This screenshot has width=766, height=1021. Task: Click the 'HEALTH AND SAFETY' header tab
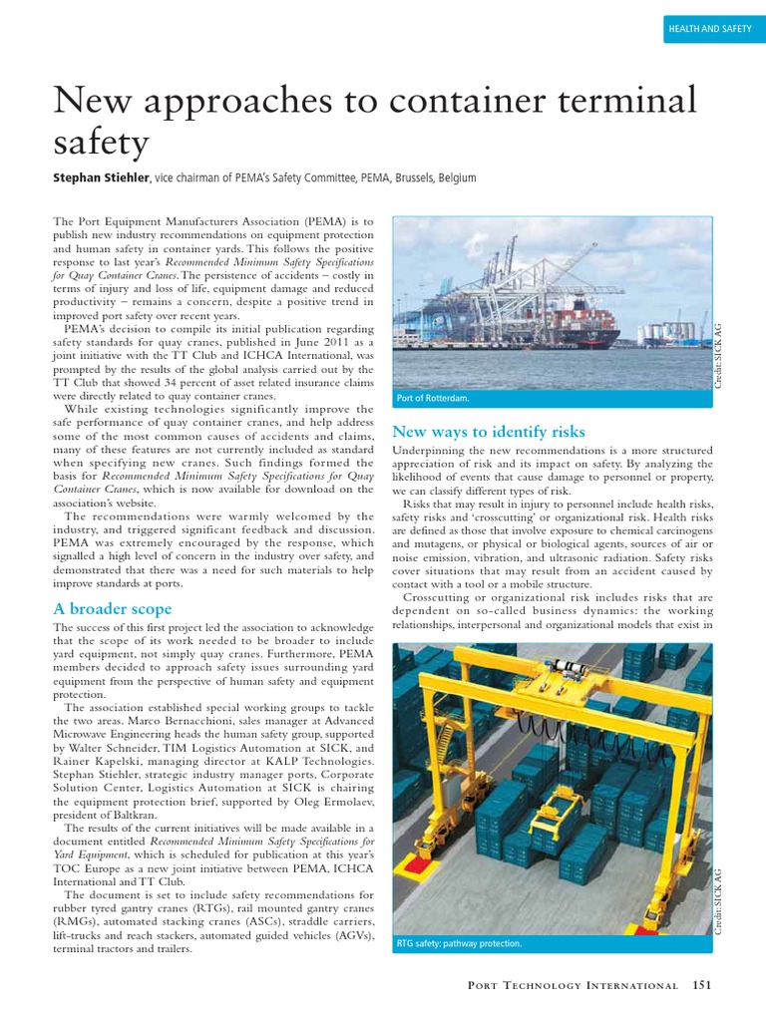(x=709, y=30)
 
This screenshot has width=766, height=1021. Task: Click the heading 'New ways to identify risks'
(x=489, y=432)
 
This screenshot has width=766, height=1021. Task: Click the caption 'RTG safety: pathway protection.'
(x=459, y=942)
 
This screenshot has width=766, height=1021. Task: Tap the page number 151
(x=702, y=985)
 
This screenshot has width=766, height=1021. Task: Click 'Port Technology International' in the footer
(x=573, y=985)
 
